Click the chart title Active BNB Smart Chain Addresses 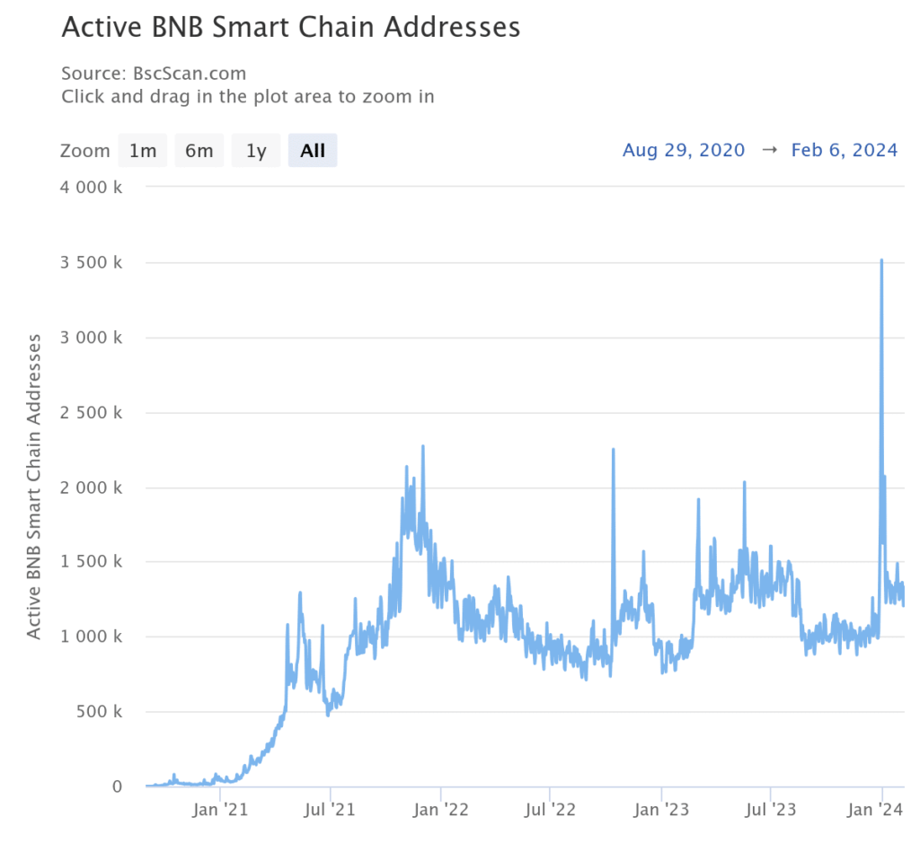click(x=290, y=27)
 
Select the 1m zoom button click(x=143, y=151)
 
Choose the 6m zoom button click(x=199, y=151)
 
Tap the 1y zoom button click(x=256, y=151)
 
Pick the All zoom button click(x=313, y=151)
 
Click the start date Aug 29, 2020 click(x=684, y=150)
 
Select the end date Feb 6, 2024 click(x=844, y=150)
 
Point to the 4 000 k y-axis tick click(x=90, y=188)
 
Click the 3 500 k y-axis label click(x=90, y=263)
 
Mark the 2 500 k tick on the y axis click(x=90, y=413)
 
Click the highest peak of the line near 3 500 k click(x=881, y=260)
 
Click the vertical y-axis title click(x=34, y=486)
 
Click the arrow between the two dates click(x=768, y=150)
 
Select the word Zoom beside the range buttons click(x=85, y=151)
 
